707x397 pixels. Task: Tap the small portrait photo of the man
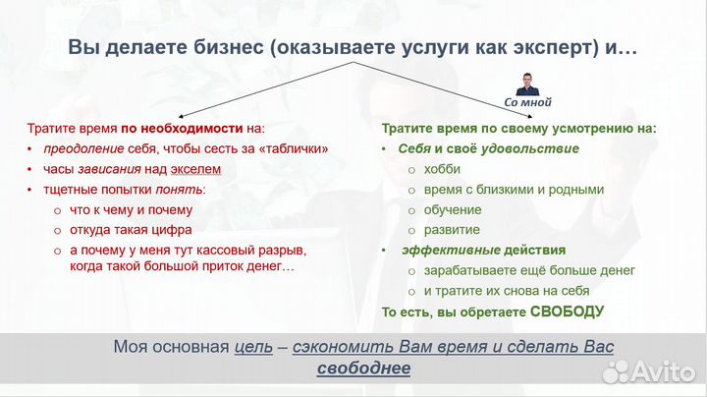pyautogui.click(x=528, y=83)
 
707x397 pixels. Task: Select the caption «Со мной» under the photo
pyautogui.click(x=528, y=102)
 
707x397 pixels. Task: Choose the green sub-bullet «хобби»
pyautogui.click(x=442, y=169)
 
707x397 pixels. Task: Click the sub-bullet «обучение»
pyautogui.click(x=453, y=209)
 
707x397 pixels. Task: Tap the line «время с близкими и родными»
pyautogui.click(x=514, y=190)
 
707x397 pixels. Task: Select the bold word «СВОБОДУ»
pyautogui.click(x=567, y=312)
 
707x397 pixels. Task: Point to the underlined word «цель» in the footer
pyautogui.click(x=252, y=347)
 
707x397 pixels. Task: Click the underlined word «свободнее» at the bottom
pyautogui.click(x=363, y=369)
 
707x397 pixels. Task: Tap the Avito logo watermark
pyautogui.click(x=649, y=370)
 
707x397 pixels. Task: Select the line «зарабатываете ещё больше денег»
pyautogui.click(x=529, y=270)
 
